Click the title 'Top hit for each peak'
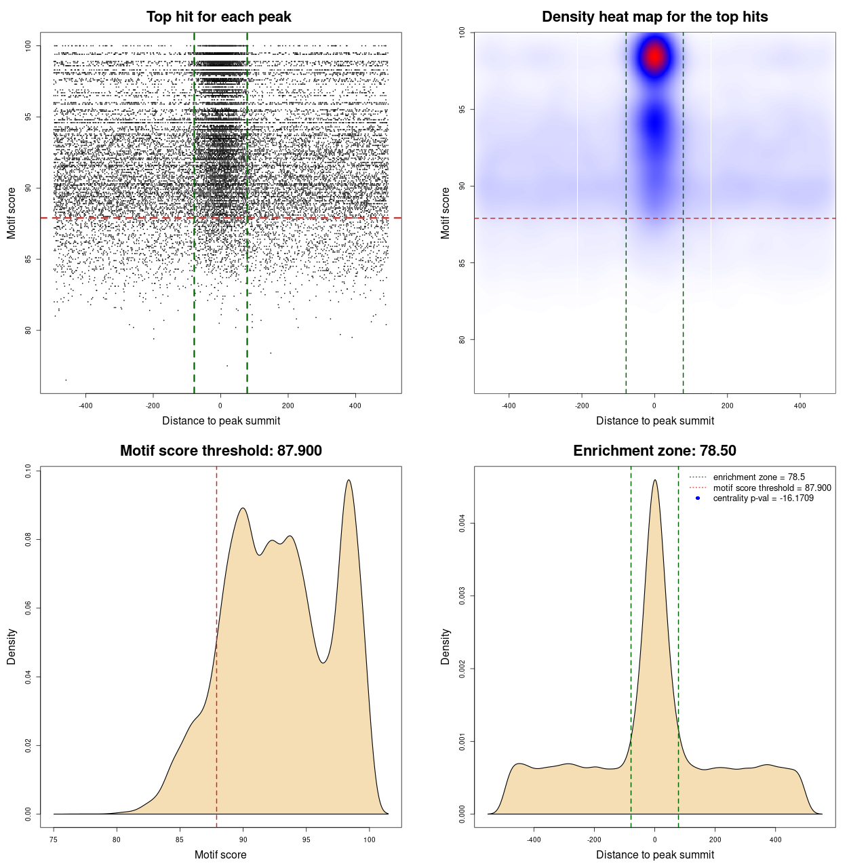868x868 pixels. [218, 17]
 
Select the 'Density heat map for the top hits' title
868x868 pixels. [654, 17]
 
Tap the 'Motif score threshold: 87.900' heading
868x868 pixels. [220, 451]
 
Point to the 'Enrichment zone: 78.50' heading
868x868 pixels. [654, 451]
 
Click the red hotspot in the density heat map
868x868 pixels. [654, 56]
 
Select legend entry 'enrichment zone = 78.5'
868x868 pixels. [759, 477]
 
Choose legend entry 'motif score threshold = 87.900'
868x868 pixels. [772, 488]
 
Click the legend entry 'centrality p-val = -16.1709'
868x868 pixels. [763, 498]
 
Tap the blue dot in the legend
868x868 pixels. [698, 498]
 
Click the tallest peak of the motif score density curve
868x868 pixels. [349, 481]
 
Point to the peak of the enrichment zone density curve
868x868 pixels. [654, 481]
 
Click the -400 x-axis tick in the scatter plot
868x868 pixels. [85, 406]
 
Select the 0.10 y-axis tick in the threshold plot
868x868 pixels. [28, 471]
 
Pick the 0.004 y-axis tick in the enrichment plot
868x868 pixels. [462, 524]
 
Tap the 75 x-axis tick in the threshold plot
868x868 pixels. [54, 840]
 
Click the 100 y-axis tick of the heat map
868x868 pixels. [462, 32]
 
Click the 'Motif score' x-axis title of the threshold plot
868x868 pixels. [220, 854]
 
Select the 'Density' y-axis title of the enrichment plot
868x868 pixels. [446, 646]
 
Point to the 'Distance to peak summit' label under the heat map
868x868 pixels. [654, 420]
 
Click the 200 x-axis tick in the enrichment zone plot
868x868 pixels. [715, 840]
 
